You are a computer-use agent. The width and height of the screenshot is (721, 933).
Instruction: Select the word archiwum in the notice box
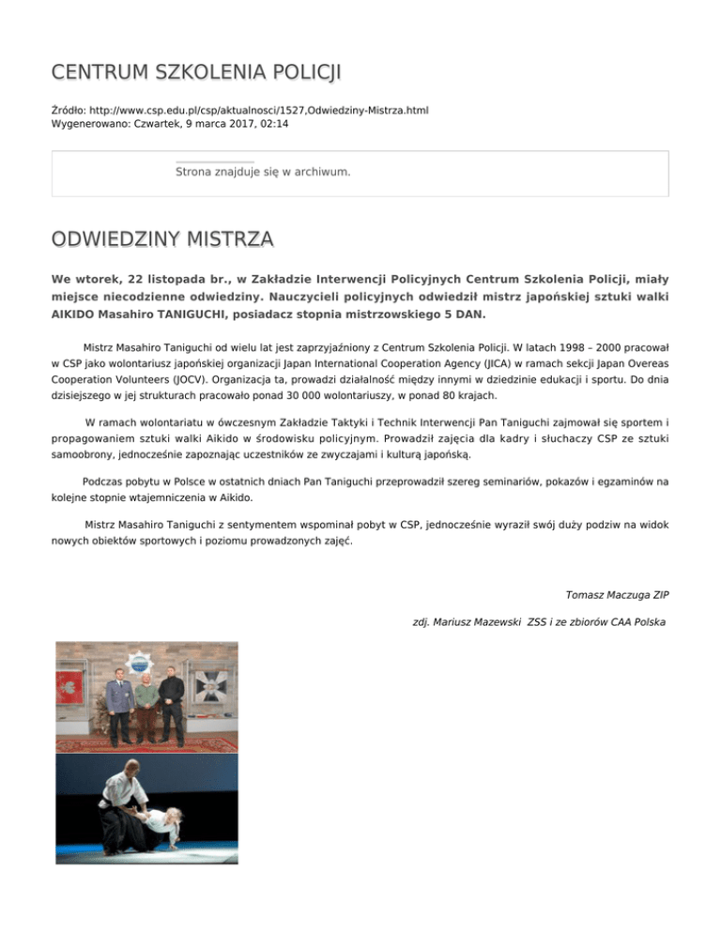(x=320, y=172)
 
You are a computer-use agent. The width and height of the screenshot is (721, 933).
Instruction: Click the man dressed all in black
(x=171, y=699)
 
